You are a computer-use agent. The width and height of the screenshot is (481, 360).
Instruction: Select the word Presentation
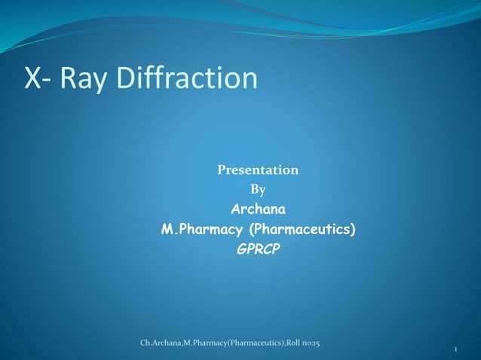click(258, 170)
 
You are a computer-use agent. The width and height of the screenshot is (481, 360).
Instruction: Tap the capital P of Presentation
click(222, 170)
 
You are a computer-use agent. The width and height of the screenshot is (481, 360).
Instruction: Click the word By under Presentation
click(258, 189)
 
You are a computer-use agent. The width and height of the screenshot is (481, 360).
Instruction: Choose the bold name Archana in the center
click(258, 209)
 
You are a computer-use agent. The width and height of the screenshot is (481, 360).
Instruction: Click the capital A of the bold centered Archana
click(235, 209)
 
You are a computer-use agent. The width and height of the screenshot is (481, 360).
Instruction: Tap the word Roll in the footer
click(294, 344)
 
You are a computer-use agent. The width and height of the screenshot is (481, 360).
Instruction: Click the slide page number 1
click(458, 350)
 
